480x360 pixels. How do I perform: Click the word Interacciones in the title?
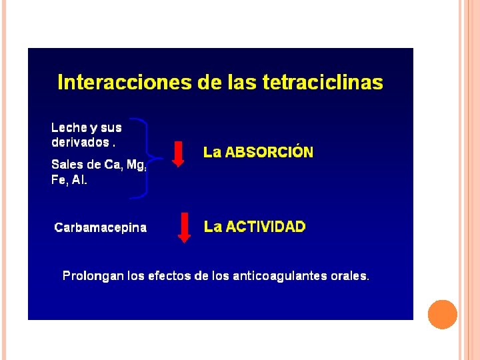pyautogui.click(x=125, y=82)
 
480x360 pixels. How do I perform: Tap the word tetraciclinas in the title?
pyautogui.click(x=323, y=82)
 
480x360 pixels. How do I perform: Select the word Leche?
pyautogui.click(x=69, y=127)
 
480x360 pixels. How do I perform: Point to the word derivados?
pyautogui.click(x=80, y=142)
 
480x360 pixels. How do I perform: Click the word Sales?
pyautogui.click(x=67, y=165)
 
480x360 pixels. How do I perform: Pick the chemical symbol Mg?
pyautogui.click(x=136, y=165)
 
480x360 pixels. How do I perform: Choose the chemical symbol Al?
pyautogui.click(x=79, y=179)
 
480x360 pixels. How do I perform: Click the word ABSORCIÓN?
pyautogui.click(x=269, y=152)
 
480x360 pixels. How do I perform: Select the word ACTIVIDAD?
pyautogui.click(x=266, y=227)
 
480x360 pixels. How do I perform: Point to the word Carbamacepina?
pyautogui.click(x=101, y=228)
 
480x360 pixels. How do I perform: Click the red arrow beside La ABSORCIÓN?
pyautogui.click(x=178, y=154)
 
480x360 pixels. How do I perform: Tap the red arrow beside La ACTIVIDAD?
pyautogui.click(x=184, y=228)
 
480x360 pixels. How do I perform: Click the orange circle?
pyautogui.click(x=443, y=315)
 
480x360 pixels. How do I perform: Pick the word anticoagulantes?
pyautogui.click(x=280, y=276)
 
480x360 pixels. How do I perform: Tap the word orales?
pyautogui.click(x=350, y=276)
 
